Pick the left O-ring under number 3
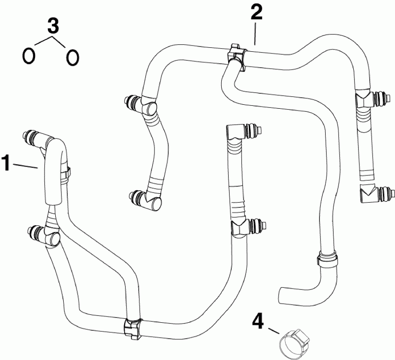click(x=29, y=56)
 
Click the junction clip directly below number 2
click(x=237, y=56)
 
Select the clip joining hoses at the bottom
click(x=133, y=328)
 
